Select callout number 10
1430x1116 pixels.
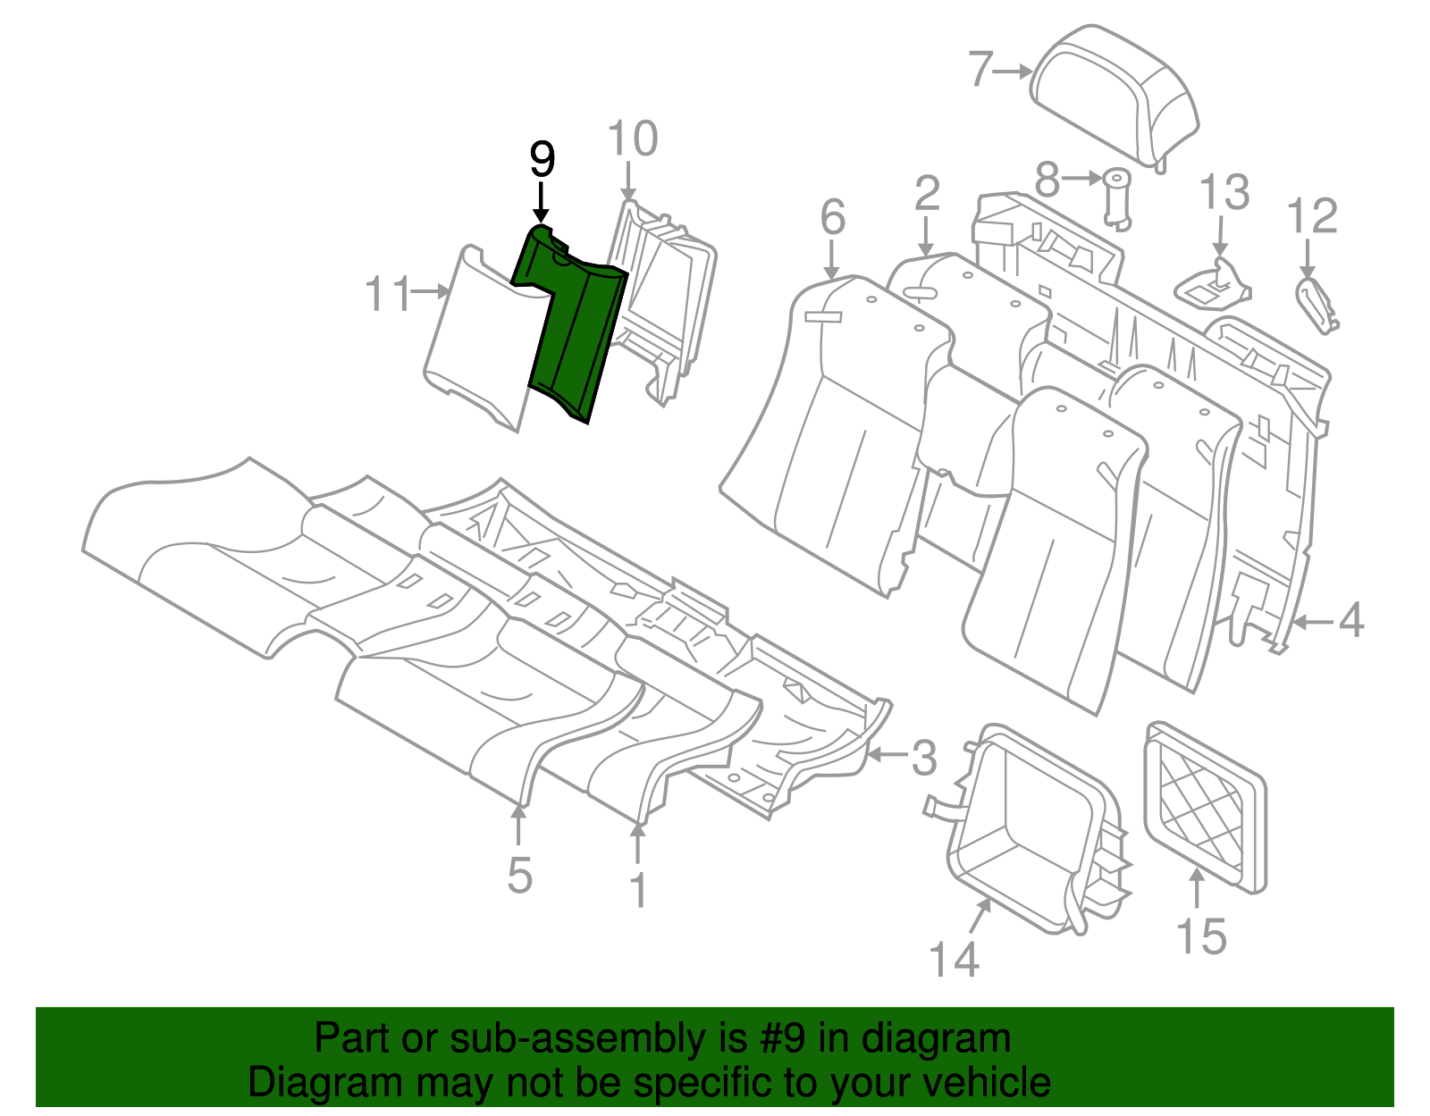point(632,139)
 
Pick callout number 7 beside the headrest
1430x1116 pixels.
point(980,69)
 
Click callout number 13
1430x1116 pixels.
point(1224,192)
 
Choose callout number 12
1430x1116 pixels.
point(1312,216)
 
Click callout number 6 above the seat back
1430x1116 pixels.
point(832,217)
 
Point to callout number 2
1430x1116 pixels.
point(927,193)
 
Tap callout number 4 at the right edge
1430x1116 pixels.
point(1351,620)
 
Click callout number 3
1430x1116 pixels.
point(923,757)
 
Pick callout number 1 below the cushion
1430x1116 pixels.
point(638,890)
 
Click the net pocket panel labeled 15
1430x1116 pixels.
point(1204,804)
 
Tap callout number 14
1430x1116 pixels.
point(955,959)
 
